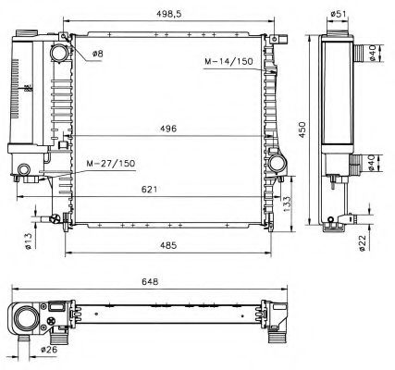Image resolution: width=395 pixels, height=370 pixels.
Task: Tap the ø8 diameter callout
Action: coord(98,54)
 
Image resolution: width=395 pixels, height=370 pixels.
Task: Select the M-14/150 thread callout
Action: coord(228,64)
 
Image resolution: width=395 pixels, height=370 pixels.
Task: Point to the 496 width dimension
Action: coord(167,129)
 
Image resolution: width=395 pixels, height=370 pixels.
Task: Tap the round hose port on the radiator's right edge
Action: coord(278,164)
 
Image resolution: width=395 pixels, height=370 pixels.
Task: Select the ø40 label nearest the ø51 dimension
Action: coord(371,53)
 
